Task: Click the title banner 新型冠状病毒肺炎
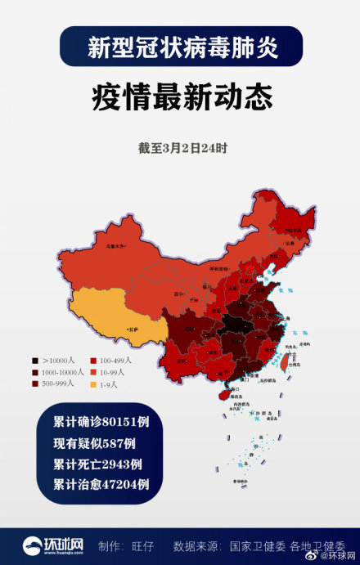click(181, 47)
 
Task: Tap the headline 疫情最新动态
click(181, 97)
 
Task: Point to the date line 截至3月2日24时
click(182, 149)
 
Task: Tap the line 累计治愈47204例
click(101, 483)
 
